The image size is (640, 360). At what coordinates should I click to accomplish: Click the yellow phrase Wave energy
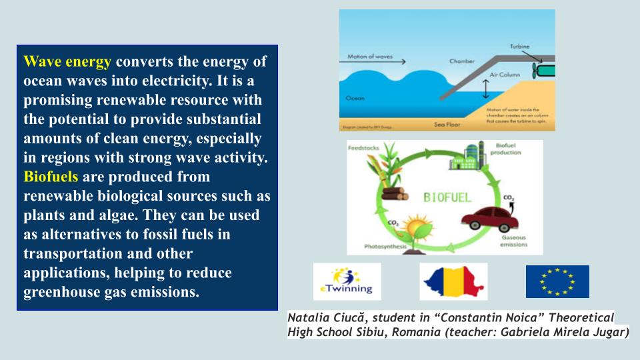67,62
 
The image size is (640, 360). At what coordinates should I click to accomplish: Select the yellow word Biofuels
51,178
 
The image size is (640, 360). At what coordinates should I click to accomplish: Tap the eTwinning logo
347,281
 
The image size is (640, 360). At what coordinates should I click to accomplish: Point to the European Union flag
557,281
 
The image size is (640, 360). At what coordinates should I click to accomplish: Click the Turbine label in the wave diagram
520,47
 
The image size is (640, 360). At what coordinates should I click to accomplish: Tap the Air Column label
505,75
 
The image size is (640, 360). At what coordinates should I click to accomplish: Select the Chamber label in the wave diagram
461,61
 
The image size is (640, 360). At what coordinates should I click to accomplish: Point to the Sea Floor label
447,123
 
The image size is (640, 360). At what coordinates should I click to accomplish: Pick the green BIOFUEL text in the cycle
448,197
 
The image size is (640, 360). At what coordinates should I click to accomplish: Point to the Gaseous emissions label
513,241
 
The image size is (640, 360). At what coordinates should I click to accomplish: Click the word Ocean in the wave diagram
355,98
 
